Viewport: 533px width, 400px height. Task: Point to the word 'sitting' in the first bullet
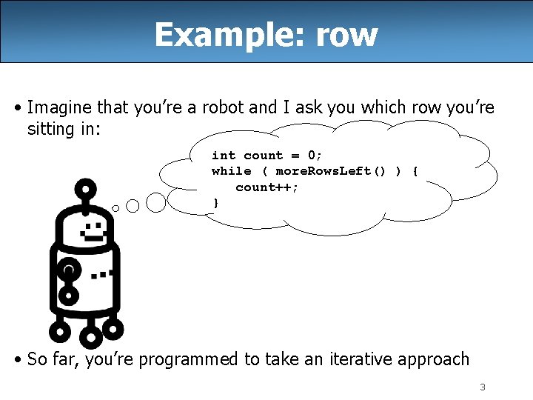click(50, 129)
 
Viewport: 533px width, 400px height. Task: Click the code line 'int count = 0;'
click(266, 155)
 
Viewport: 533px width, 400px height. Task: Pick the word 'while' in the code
click(231, 171)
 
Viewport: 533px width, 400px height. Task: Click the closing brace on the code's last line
click(215, 202)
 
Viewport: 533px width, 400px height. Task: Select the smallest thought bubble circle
click(115, 208)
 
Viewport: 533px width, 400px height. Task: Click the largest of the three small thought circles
click(156, 201)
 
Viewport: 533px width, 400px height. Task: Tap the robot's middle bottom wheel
click(90, 337)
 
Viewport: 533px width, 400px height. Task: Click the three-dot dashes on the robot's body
click(102, 275)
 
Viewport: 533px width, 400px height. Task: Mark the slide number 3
click(482, 387)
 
